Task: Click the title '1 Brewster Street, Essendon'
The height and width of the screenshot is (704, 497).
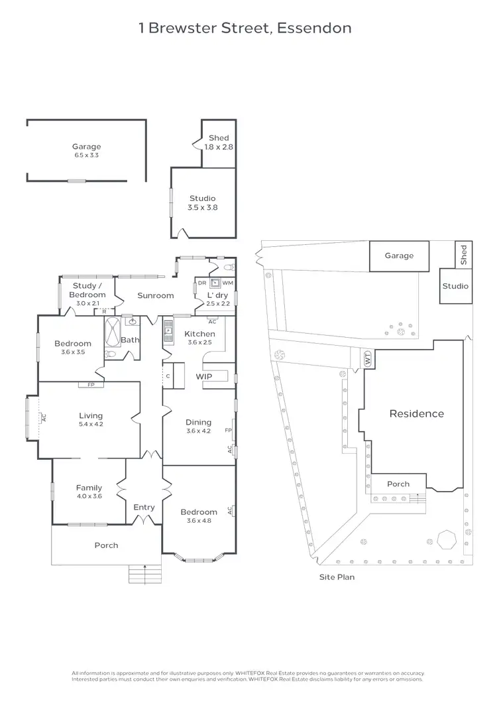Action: (245, 28)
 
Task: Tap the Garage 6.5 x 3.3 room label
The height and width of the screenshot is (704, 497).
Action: (87, 151)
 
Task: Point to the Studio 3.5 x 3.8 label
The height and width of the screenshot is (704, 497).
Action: (203, 202)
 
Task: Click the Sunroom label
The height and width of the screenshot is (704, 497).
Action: (155, 295)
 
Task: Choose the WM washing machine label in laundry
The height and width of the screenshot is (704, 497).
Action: (227, 283)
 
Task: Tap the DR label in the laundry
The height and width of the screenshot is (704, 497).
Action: (201, 283)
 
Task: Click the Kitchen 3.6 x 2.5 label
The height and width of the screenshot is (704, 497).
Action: (199, 338)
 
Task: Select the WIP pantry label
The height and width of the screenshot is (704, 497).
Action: (203, 376)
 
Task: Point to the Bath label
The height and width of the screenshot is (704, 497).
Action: (129, 340)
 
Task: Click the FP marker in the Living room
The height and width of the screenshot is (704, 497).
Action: (88, 385)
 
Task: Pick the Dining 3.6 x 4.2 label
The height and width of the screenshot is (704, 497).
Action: (198, 426)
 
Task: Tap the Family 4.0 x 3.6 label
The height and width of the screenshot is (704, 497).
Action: (89, 492)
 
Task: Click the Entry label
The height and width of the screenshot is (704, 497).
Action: (144, 507)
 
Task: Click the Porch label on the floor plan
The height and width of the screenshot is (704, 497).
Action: (106, 545)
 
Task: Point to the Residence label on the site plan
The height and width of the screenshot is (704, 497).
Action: (416, 413)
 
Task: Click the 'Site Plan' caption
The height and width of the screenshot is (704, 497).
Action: (337, 577)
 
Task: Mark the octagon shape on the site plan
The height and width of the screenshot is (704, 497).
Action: (447, 539)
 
